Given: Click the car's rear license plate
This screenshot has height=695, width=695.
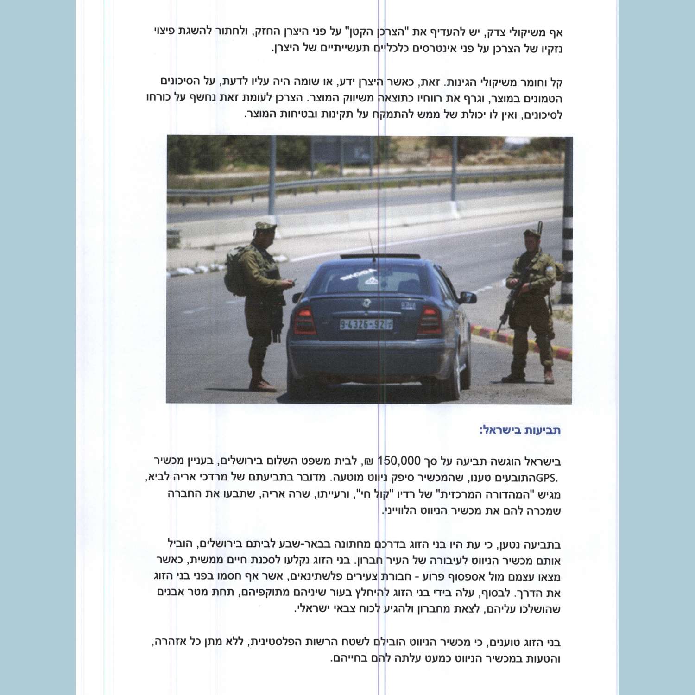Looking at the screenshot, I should [x=366, y=324].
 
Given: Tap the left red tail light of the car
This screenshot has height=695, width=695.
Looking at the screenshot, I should [x=304, y=320].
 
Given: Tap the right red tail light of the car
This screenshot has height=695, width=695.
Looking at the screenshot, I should [x=430, y=319].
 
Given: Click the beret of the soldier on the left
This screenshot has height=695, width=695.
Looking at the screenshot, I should [x=265, y=226].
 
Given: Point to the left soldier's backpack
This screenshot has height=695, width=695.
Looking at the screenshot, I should [x=235, y=271].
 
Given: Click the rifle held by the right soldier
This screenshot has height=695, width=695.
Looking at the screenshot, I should [x=510, y=301].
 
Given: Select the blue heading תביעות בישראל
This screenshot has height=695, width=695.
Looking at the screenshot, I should [x=520, y=430].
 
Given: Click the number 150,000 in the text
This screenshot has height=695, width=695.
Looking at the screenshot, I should [x=399, y=461].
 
